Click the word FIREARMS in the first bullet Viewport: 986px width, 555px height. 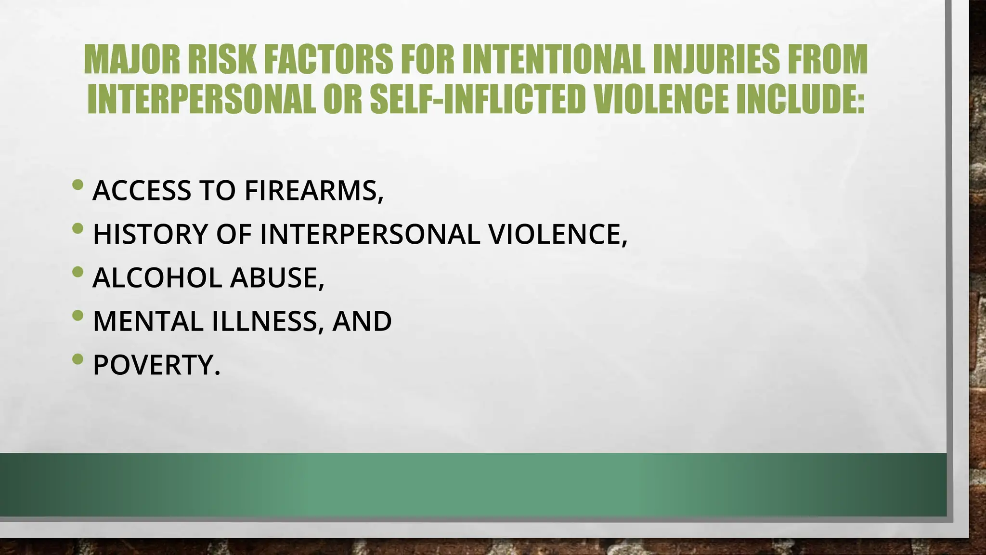(x=314, y=190)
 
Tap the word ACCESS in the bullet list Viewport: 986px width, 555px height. (x=142, y=190)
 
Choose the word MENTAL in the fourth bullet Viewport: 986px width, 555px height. (x=148, y=321)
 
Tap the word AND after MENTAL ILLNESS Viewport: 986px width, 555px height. (x=362, y=321)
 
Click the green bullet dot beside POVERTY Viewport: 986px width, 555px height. (x=78, y=359)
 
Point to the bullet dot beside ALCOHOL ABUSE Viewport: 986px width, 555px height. (x=78, y=272)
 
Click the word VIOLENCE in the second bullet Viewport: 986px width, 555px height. (x=558, y=234)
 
